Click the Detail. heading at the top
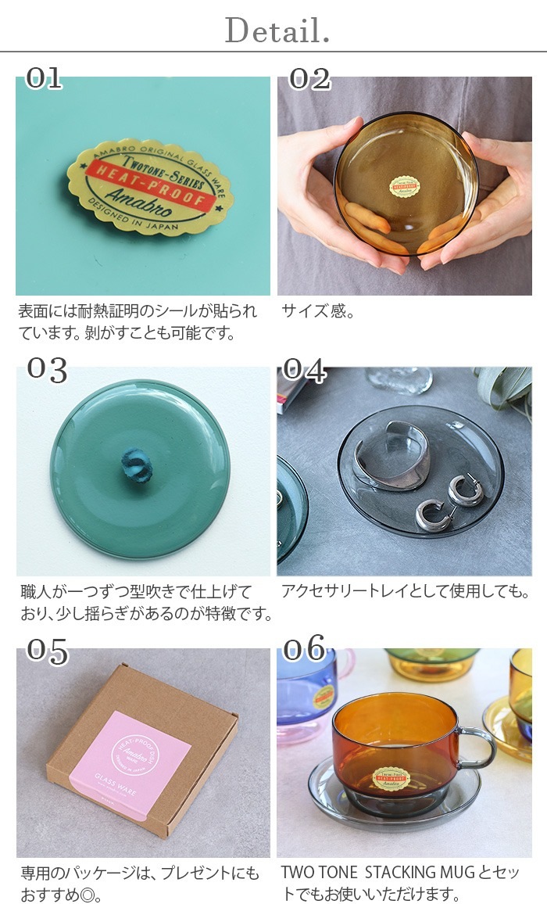tap(277, 30)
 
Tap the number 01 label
tap(44, 77)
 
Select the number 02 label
tap(309, 77)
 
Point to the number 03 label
tap(47, 369)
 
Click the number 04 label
tap(304, 369)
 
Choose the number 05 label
tap(47, 651)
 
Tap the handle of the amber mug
tap(477, 746)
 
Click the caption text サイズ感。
tap(318, 312)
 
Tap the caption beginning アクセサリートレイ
tap(404, 592)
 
